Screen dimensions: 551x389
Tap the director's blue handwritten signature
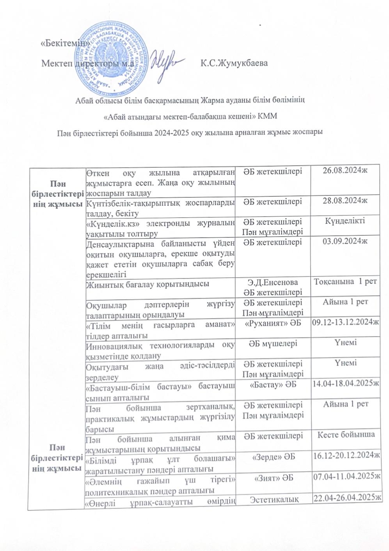coord(168,62)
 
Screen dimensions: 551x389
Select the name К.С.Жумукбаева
coord(234,63)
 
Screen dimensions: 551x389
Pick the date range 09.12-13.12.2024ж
coord(345,322)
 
